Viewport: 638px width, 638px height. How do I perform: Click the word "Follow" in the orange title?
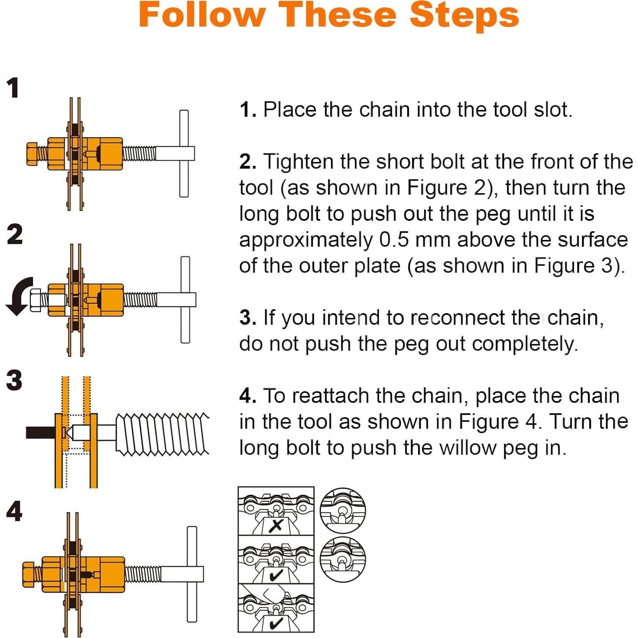202,15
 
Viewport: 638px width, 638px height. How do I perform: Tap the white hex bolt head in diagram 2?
35,300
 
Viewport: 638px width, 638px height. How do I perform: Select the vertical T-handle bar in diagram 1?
184,153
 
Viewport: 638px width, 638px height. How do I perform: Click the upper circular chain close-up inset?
343,510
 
